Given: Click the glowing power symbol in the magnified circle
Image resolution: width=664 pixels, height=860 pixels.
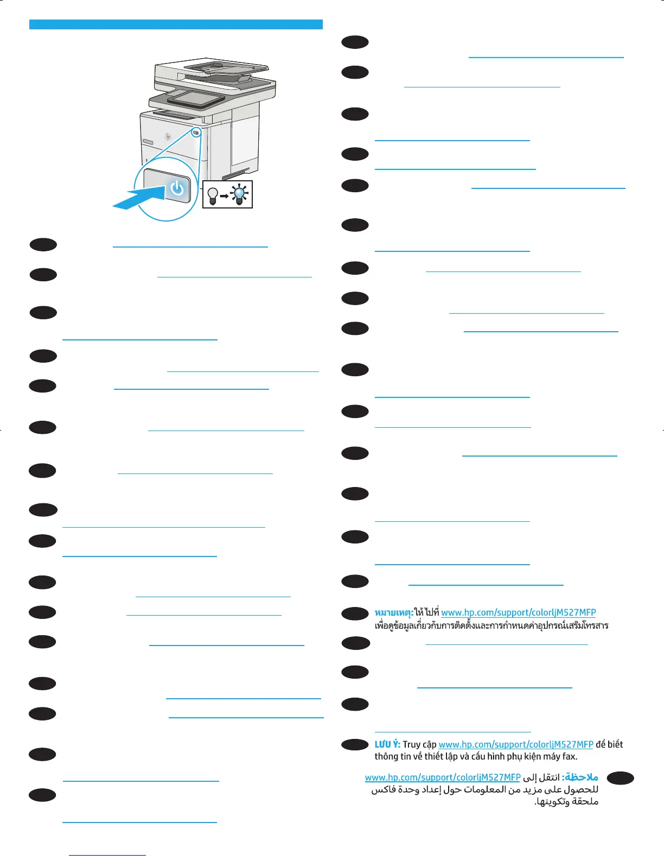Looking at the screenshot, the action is (177, 189).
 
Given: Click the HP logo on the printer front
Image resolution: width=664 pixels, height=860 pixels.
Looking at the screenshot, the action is (168, 136).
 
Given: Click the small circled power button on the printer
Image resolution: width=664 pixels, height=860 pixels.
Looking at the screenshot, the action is (196, 132).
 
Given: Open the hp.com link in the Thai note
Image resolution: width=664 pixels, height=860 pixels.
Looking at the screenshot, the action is (518, 612).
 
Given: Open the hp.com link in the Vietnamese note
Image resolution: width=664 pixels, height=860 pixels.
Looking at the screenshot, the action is (515, 744).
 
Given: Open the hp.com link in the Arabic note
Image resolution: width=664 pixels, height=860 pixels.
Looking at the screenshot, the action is (443, 777).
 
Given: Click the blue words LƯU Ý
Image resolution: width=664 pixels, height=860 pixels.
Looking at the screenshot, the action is (387, 744).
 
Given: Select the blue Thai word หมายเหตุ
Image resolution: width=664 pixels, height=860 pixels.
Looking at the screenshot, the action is (394, 612).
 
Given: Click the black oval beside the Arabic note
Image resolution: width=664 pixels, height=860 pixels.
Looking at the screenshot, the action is (621, 778).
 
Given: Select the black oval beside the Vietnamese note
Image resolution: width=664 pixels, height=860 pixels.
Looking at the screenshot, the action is (355, 745).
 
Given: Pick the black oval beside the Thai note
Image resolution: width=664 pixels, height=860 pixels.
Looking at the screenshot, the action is (355, 614).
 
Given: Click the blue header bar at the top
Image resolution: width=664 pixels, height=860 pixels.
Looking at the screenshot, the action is (176, 24).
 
